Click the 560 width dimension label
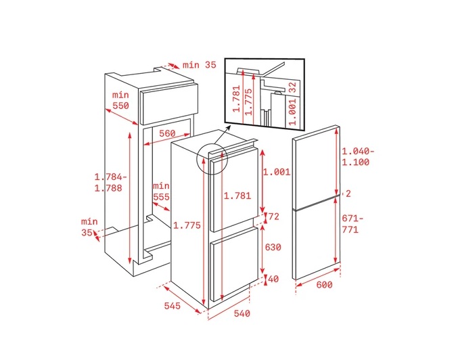tap(167, 133)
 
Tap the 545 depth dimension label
tap(173, 306)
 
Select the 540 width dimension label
tap(242, 313)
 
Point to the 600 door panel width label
tap(324, 285)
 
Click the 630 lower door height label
tap(273, 247)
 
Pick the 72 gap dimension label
tap(274, 217)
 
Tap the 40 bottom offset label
tap(273, 279)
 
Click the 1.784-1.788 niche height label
tap(110, 183)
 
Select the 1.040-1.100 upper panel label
tap(358, 156)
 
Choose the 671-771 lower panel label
tap(353, 223)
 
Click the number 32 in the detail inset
tap(293, 87)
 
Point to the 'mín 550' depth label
tap(120, 100)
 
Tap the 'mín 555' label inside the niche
tap(161, 192)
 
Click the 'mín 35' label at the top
tap(200, 65)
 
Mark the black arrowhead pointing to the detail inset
tap(228, 128)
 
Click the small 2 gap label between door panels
tap(348, 194)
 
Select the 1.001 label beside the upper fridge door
tap(277, 172)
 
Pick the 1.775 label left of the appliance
tap(187, 225)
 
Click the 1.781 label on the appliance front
tap(237, 196)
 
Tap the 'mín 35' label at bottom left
tap(89, 227)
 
